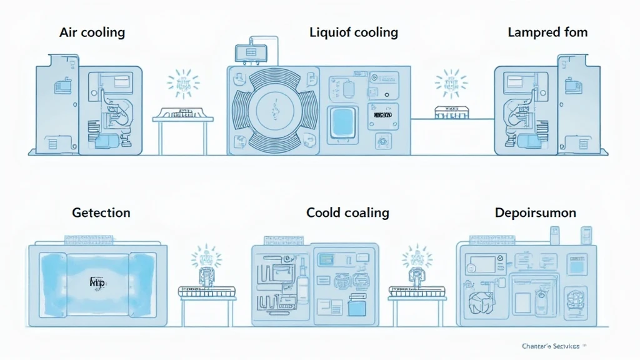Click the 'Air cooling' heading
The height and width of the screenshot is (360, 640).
click(x=93, y=32)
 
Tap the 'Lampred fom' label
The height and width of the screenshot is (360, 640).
click(x=547, y=32)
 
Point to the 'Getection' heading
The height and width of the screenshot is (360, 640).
click(x=101, y=212)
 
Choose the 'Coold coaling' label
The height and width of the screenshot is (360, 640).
click(x=347, y=212)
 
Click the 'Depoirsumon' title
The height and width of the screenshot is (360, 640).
click(x=535, y=212)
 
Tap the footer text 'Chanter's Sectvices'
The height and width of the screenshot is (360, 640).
click(x=550, y=345)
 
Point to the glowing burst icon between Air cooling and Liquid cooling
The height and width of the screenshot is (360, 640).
click(x=183, y=84)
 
